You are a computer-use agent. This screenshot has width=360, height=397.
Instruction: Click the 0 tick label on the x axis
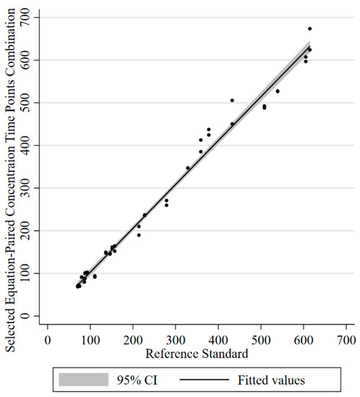click(48, 338)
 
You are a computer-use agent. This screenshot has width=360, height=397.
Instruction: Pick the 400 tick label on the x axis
click(218, 338)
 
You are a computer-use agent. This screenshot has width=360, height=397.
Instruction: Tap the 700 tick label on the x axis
click(346, 338)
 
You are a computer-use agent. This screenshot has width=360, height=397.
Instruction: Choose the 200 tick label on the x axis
click(133, 338)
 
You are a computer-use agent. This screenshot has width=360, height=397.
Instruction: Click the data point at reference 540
click(277, 91)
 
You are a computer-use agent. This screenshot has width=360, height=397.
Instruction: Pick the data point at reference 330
click(188, 167)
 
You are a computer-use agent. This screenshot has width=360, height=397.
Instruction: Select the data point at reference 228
click(144, 214)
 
